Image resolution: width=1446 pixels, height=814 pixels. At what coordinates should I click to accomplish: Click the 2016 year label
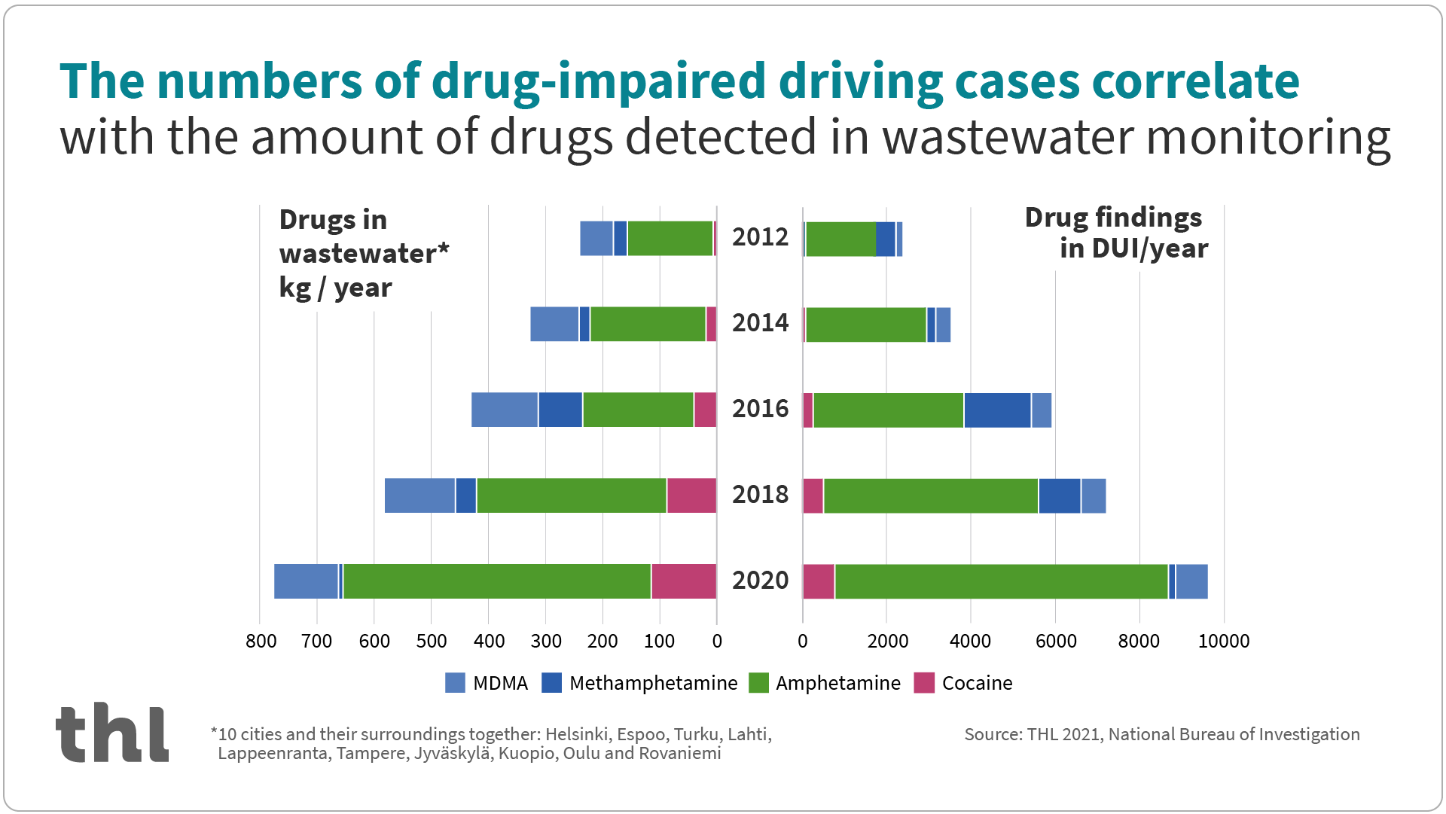coord(760,409)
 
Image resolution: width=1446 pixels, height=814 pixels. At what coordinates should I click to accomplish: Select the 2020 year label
coord(760,581)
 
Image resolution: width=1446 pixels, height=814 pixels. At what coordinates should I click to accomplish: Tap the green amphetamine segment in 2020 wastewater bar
coord(497,581)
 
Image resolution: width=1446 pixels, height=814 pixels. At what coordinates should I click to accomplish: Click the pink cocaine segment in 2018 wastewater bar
coord(691,495)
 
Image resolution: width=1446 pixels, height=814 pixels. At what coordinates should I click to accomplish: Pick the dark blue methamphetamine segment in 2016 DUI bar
coord(997,410)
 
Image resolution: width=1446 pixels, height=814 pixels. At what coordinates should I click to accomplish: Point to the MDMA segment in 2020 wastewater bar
coord(306,581)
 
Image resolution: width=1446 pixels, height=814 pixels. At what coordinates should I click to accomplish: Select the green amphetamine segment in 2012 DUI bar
coord(840,239)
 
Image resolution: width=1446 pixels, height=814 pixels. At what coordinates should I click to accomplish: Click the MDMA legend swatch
coord(455,683)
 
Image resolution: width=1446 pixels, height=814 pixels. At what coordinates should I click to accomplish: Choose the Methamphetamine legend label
coord(653,683)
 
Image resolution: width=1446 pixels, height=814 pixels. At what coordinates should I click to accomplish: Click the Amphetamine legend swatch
coord(758,683)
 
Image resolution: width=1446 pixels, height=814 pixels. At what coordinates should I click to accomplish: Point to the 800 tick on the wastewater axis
coord(261,641)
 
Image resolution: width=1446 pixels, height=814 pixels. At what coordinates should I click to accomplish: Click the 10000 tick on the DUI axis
coord(1224,641)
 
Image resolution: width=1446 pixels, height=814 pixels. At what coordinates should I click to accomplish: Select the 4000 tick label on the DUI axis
coord(970,641)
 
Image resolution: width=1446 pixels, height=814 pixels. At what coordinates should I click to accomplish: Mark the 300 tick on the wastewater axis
coord(546,641)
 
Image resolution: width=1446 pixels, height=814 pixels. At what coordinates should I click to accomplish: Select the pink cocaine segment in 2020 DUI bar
coord(818,581)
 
